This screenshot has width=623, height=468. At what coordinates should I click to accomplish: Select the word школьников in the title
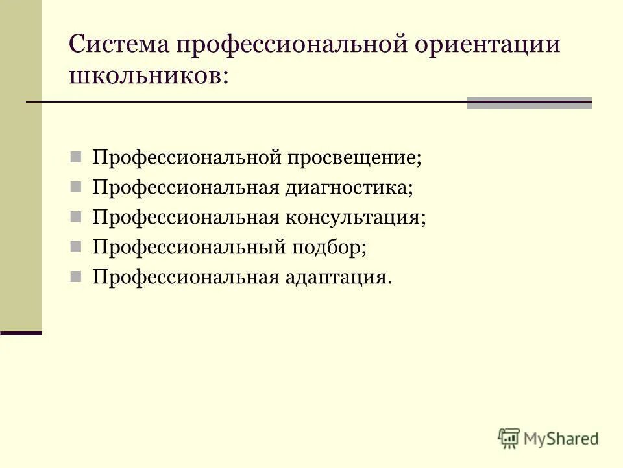tap(145, 77)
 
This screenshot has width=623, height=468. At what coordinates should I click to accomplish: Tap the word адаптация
tap(337, 277)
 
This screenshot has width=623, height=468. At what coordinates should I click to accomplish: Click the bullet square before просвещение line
tap(76, 157)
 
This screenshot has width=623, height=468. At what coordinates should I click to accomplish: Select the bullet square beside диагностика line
tap(76, 187)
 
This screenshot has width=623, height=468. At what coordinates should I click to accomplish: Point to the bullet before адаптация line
tap(76, 277)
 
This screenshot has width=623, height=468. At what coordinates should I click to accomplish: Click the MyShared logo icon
tap(509, 439)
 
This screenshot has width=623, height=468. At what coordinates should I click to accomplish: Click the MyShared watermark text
tap(562, 439)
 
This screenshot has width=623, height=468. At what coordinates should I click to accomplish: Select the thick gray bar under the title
tap(530, 103)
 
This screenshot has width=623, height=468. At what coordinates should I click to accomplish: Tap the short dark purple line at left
tap(21, 333)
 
